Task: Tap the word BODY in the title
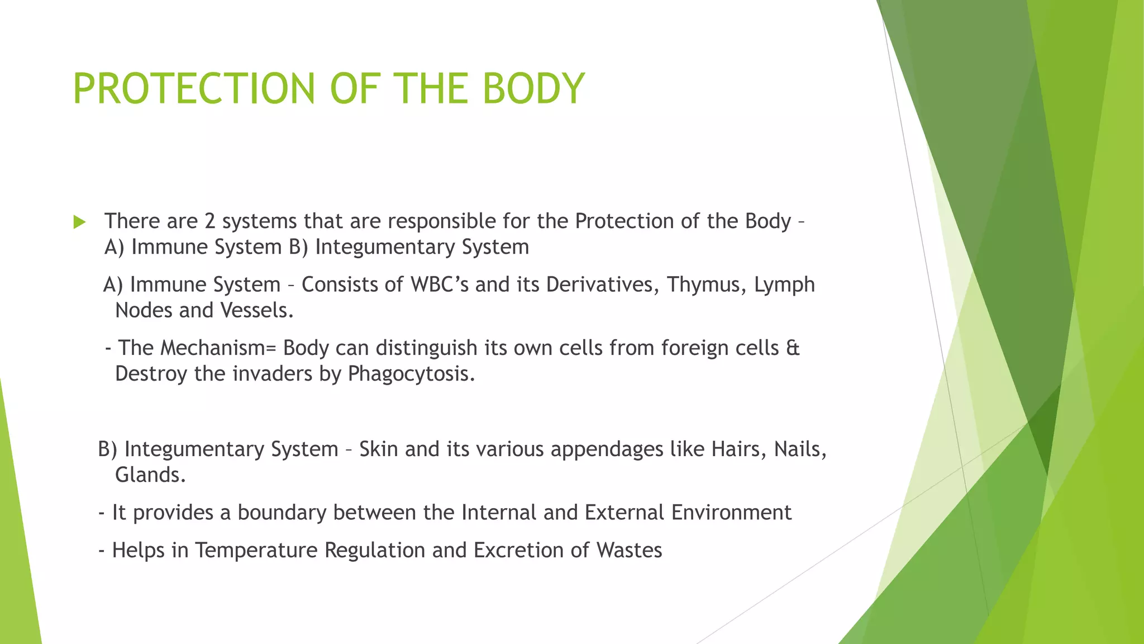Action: tap(533, 89)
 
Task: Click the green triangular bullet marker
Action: tap(79, 222)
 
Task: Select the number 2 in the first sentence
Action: tap(209, 221)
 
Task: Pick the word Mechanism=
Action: tap(218, 348)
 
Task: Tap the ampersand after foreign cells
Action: tap(793, 348)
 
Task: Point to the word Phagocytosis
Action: tap(411, 374)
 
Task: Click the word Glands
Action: tap(150, 475)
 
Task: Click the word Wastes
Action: tap(629, 551)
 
